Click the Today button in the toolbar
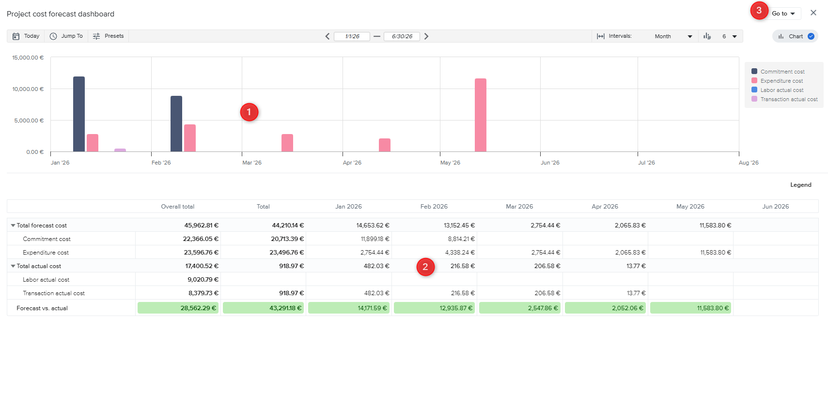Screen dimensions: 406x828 [26, 36]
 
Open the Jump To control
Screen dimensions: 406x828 [66, 36]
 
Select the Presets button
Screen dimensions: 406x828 [109, 36]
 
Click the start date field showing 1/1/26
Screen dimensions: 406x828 [352, 36]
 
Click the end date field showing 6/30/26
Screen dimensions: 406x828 [402, 36]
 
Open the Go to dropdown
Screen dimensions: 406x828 [783, 14]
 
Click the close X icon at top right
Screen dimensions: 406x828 [813, 13]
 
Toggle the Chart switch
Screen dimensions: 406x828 [811, 36]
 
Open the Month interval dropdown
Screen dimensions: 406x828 [673, 36]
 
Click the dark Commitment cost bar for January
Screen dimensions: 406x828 [79, 114]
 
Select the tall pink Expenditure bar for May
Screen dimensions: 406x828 [480, 115]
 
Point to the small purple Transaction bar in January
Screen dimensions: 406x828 [120, 150]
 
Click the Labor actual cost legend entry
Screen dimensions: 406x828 [781, 90]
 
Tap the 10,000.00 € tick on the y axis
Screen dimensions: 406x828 [28, 89]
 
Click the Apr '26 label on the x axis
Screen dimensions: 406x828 [352, 163]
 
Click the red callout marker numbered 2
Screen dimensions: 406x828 [425, 267]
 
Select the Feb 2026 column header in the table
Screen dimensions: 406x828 [434, 207]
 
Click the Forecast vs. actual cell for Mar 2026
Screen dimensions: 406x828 [519, 308]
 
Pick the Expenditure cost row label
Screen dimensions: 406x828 [46, 253]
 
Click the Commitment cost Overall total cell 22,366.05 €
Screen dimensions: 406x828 [201, 239]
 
